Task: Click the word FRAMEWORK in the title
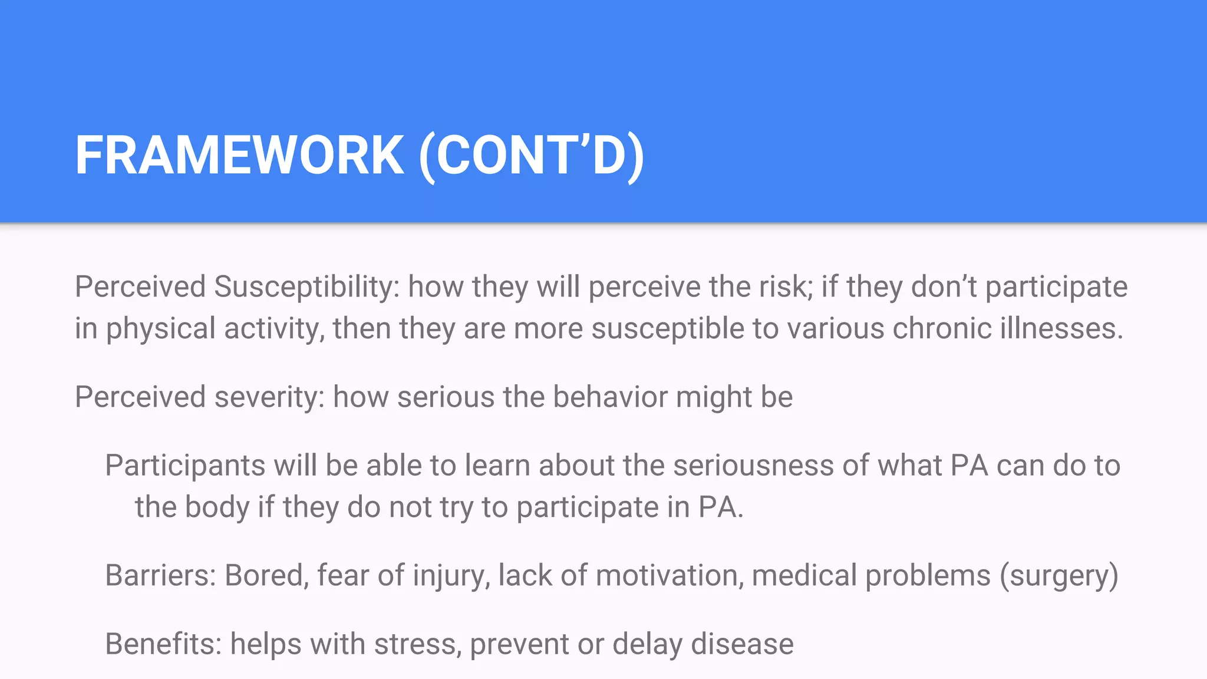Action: click(x=239, y=156)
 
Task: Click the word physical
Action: click(x=160, y=329)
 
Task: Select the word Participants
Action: click(x=184, y=466)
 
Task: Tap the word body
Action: click(x=217, y=507)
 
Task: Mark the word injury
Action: click(x=451, y=576)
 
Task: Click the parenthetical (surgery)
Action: click(x=1058, y=576)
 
